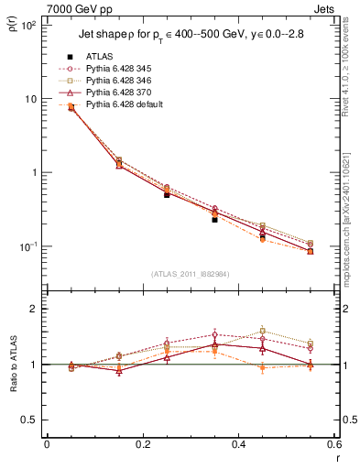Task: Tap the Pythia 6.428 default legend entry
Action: click(x=119, y=105)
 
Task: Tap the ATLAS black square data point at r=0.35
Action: click(x=214, y=220)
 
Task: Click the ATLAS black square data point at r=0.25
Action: click(x=167, y=194)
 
